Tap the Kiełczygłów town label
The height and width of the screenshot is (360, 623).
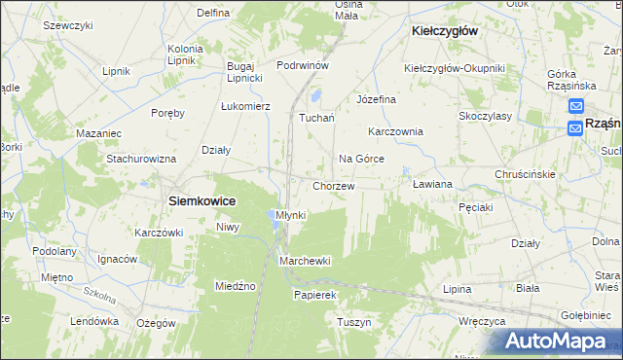[444, 31]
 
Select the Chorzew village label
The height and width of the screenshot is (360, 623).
[333, 185]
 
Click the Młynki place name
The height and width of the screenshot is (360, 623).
[290, 214]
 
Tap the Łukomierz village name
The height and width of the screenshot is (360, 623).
[245, 105]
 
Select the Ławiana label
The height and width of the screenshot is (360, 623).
[433, 183]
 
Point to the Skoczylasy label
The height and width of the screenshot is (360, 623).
[486, 115]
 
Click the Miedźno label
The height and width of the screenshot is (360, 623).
[235, 286]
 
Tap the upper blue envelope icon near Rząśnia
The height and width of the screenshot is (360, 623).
[576, 107]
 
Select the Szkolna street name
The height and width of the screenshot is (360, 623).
[98, 292]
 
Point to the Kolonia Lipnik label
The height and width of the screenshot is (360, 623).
[185, 54]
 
